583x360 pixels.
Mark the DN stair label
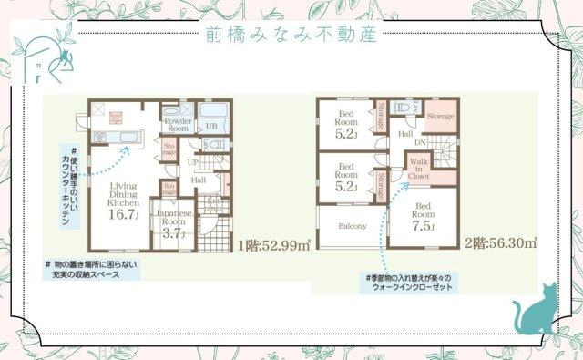420,143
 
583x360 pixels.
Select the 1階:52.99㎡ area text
274,243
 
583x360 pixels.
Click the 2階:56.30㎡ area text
500,243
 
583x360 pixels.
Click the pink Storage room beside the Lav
440,118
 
